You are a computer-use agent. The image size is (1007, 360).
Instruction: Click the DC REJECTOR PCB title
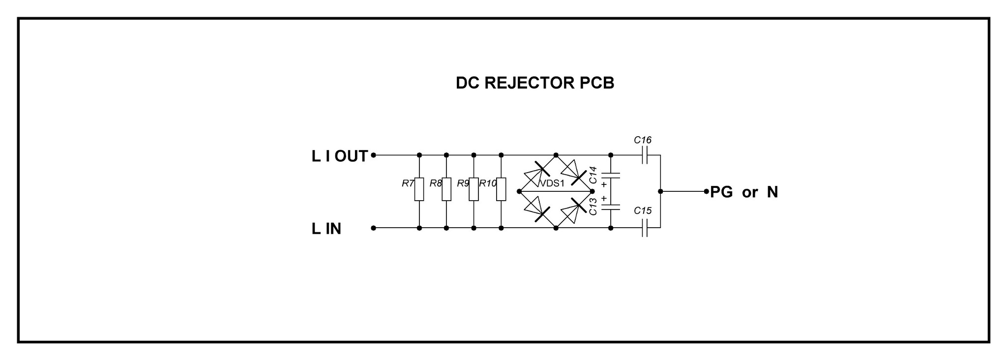pos(535,83)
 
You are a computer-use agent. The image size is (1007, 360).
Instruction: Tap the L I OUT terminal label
pos(340,156)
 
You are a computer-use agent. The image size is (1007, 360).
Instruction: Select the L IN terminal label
pos(326,229)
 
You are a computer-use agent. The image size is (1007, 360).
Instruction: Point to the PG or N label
pos(744,192)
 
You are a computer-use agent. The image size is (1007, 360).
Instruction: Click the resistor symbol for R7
pos(419,189)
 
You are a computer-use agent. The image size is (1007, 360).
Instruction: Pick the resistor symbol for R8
pos(446,189)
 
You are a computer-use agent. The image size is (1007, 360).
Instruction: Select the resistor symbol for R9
pos(474,189)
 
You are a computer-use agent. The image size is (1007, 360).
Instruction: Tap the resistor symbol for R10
pos(501,189)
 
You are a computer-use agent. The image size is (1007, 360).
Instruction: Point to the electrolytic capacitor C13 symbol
pos(611,207)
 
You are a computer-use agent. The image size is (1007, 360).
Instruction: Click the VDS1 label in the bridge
pos(552,183)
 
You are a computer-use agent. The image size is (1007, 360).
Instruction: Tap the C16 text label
pos(643,140)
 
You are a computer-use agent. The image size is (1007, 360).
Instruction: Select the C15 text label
pos(643,211)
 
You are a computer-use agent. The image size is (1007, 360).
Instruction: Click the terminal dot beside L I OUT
pos(373,155)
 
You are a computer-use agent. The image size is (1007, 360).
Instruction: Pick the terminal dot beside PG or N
pos(706,191)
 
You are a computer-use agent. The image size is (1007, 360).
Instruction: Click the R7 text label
pos(408,183)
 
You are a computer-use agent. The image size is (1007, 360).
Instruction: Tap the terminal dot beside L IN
pos(373,228)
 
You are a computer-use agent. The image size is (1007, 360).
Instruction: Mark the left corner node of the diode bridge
pos(519,191)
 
